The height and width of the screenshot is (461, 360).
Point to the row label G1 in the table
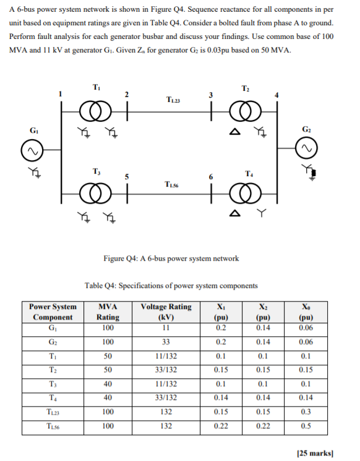click(53, 327)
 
